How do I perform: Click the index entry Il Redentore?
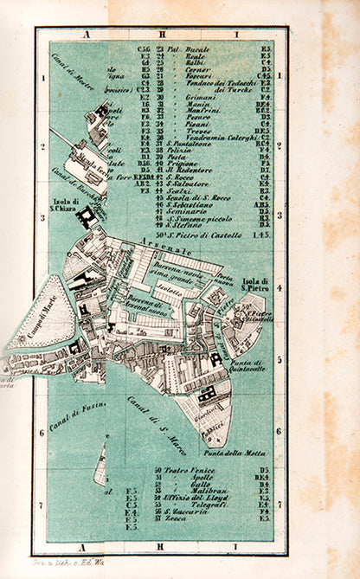tap(188, 170)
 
